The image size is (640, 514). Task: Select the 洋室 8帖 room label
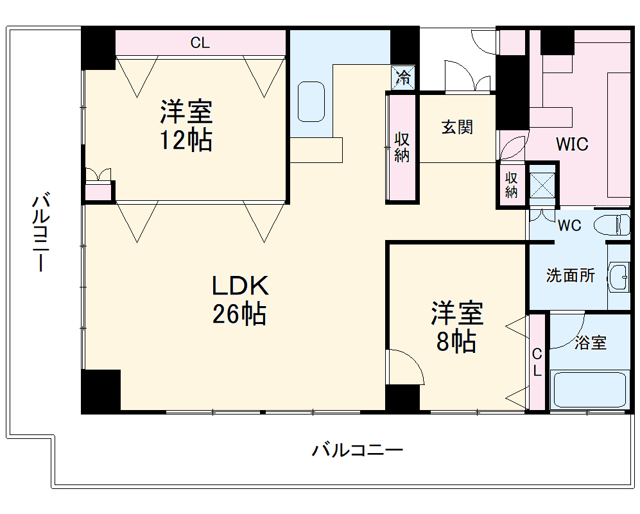pos(456,327)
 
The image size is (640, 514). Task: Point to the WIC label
pos(571,144)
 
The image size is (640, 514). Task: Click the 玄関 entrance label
pos(456,127)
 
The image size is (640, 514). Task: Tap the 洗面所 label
pos(570,276)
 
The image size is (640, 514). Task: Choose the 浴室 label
pos(590,343)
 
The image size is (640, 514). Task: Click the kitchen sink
pos(312,101)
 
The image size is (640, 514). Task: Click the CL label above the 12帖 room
pos(200,44)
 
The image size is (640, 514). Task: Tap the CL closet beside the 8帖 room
pos(537,363)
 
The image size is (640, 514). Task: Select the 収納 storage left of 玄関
pos(402,148)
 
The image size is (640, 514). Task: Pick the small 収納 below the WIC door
pos(512,185)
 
